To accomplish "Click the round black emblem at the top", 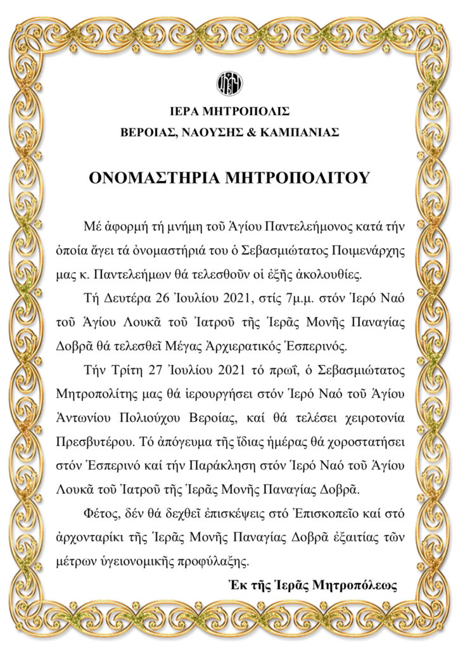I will pos(229,83).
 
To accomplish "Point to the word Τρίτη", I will pos(122,369).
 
